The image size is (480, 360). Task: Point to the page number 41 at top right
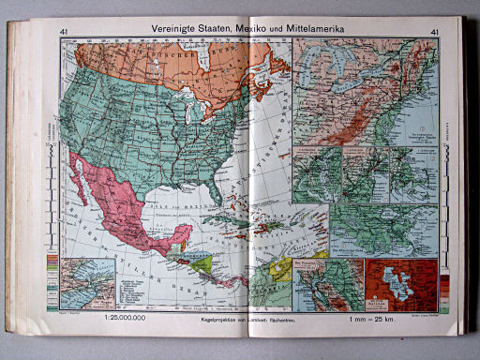pos(434,32)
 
